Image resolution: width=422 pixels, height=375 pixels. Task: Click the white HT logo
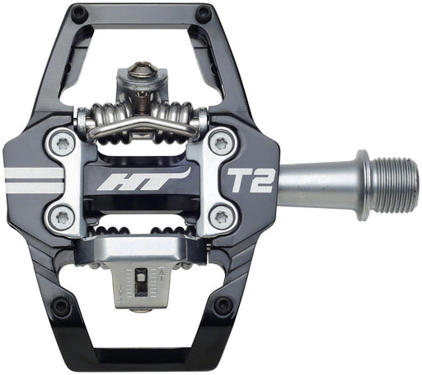pos(142,178)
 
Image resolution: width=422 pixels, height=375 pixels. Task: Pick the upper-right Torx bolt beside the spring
pos(219,142)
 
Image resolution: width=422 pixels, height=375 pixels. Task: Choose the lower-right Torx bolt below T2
pos(219,216)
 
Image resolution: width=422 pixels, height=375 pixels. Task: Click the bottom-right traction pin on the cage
pos(223,305)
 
